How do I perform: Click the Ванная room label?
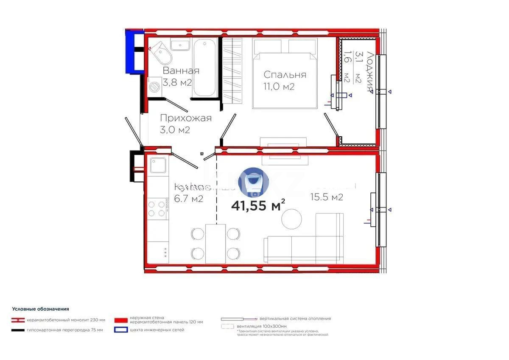(181, 71)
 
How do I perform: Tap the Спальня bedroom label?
(285, 75)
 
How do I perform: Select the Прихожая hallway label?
(185, 118)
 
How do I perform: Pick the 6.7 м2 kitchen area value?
(188, 198)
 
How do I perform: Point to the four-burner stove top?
(156, 208)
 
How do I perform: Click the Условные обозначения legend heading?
(41, 309)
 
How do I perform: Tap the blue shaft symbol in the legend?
(120, 329)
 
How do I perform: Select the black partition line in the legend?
(18, 330)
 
